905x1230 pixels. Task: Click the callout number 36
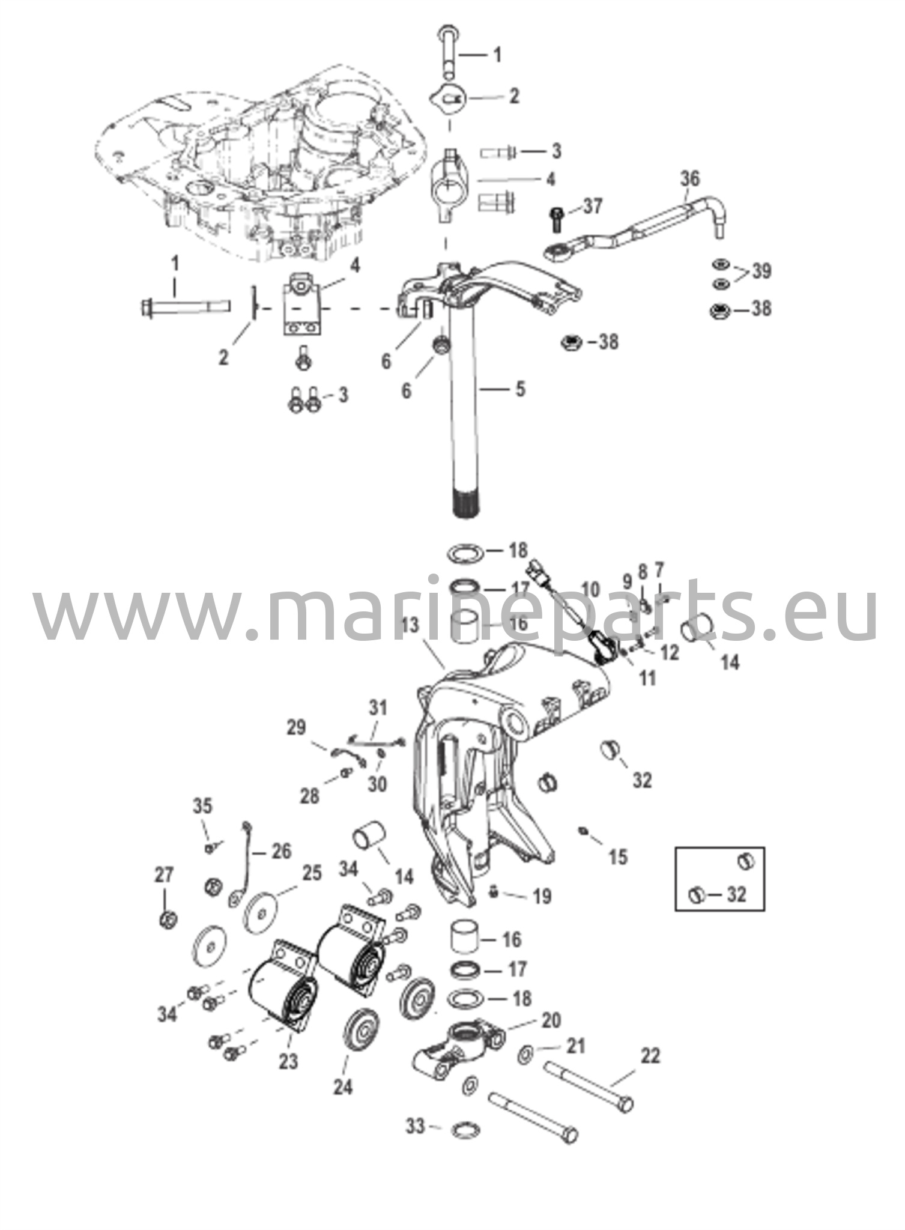tap(690, 178)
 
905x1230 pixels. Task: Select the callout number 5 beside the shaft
tap(520, 389)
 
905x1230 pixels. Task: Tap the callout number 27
tap(165, 876)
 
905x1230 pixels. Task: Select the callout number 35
tap(202, 806)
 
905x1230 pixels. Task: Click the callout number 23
tap(288, 1061)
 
